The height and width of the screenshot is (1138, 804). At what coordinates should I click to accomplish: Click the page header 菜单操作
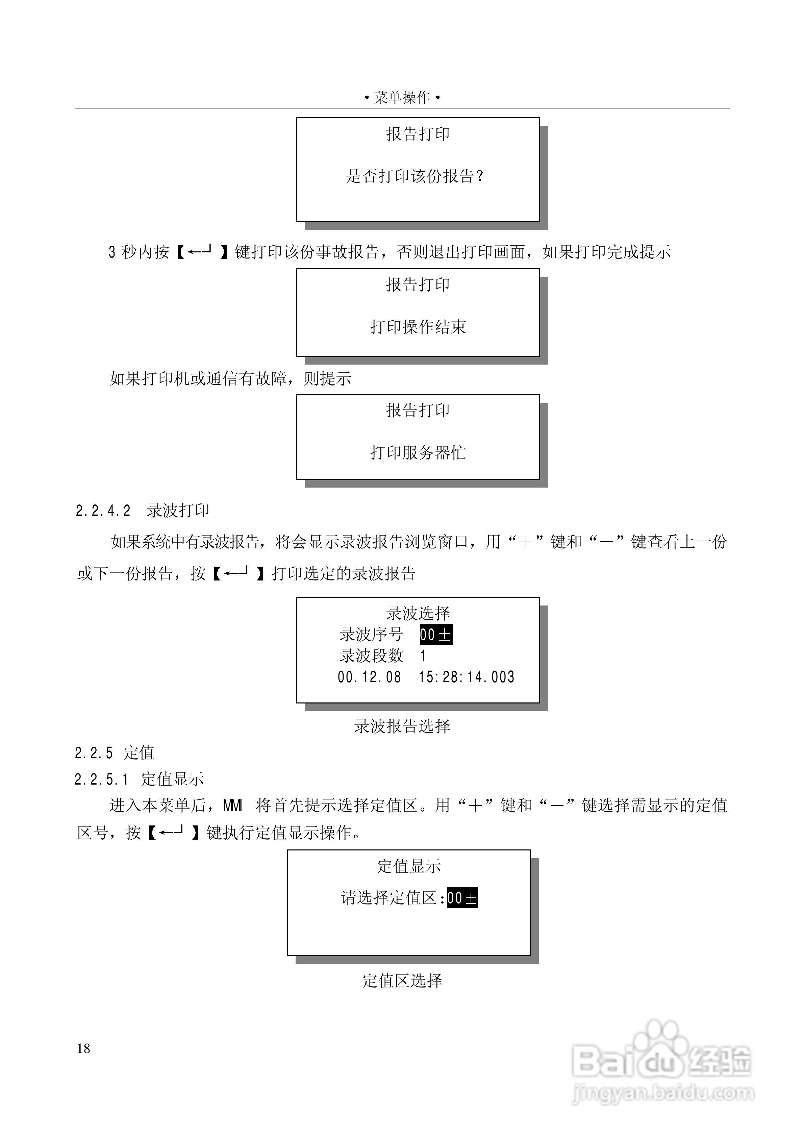click(x=402, y=98)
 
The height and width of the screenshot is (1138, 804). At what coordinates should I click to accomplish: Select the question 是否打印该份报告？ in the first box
click(x=415, y=176)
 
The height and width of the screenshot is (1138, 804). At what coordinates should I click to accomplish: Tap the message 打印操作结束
click(x=418, y=327)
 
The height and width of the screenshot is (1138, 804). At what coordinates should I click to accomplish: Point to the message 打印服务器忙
click(x=418, y=452)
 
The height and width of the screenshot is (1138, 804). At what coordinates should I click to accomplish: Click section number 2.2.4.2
click(x=103, y=511)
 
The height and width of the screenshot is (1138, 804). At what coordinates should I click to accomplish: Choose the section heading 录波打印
click(x=178, y=511)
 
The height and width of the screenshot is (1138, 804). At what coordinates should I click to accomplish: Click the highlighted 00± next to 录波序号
click(x=436, y=635)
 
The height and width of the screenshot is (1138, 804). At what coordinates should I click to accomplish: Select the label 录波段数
click(x=371, y=656)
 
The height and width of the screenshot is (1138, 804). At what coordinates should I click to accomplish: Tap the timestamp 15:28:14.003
click(x=467, y=677)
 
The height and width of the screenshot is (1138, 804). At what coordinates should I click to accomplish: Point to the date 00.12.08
click(x=369, y=677)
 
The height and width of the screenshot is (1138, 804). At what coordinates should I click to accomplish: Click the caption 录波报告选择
click(x=402, y=726)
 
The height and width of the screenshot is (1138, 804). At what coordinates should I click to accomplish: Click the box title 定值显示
click(x=409, y=866)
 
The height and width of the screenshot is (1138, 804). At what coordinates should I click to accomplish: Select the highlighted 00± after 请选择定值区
click(x=462, y=898)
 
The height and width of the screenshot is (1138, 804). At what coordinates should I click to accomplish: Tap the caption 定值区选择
click(x=402, y=981)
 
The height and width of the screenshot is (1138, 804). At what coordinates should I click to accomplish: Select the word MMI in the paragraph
click(x=232, y=806)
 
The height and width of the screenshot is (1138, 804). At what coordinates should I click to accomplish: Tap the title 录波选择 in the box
click(x=418, y=614)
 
